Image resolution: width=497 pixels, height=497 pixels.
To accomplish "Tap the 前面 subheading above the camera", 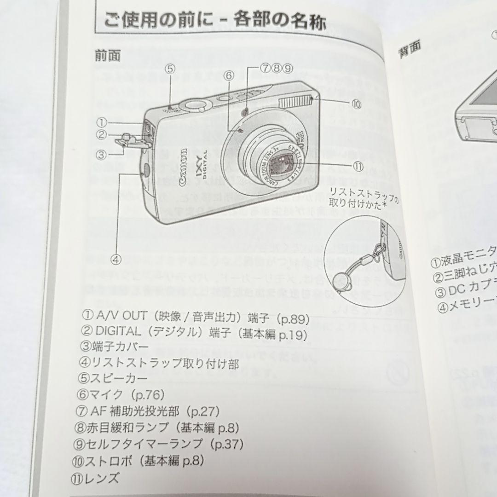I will [108, 56].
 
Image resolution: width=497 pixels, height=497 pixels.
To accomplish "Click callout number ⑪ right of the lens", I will [358, 166].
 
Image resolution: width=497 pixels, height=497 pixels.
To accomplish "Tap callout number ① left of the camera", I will [102, 122].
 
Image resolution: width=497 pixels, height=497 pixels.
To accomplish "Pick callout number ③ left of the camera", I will [102, 154].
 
